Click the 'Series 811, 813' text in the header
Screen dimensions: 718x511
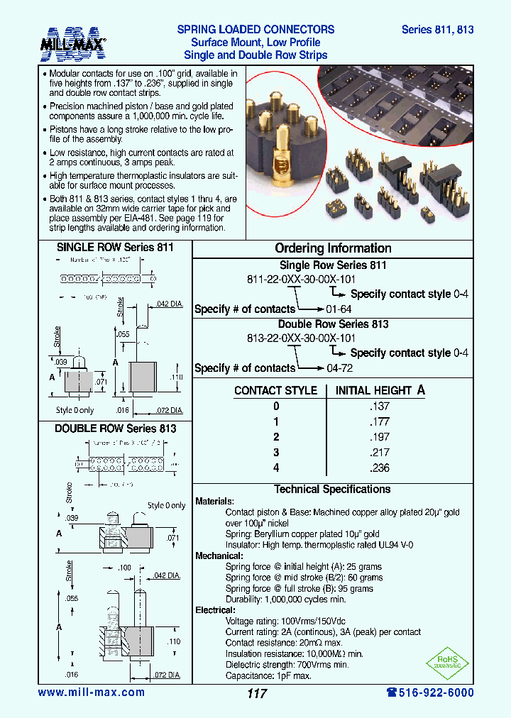[437, 30]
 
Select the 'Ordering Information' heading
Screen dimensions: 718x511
[333, 248]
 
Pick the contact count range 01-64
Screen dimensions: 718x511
[339, 309]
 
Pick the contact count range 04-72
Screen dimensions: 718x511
[339, 368]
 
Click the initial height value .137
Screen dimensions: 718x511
[380, 407]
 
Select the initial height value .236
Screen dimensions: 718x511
[380, 468]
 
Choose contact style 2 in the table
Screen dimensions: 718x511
[276, 437]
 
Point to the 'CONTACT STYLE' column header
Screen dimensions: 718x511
[275, 391]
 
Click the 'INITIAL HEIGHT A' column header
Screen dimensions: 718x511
[380, 390]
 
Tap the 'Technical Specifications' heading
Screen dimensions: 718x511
[332, 490]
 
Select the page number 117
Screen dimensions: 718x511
[257, 693]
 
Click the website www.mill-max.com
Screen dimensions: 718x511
[91, 692]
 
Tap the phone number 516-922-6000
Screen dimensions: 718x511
[430, 692]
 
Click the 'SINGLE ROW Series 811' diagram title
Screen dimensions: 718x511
[115, 248]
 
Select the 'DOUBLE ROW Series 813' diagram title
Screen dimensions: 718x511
[115, 429]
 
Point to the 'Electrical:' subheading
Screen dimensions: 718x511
[215, 610]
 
